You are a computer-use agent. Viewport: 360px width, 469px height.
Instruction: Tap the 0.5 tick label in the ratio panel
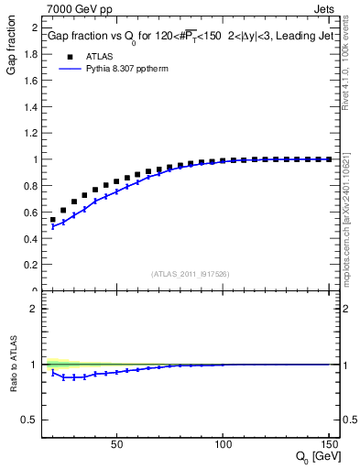pos(28,420)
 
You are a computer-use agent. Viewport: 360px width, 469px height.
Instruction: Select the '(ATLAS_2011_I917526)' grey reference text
pos(190,273)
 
